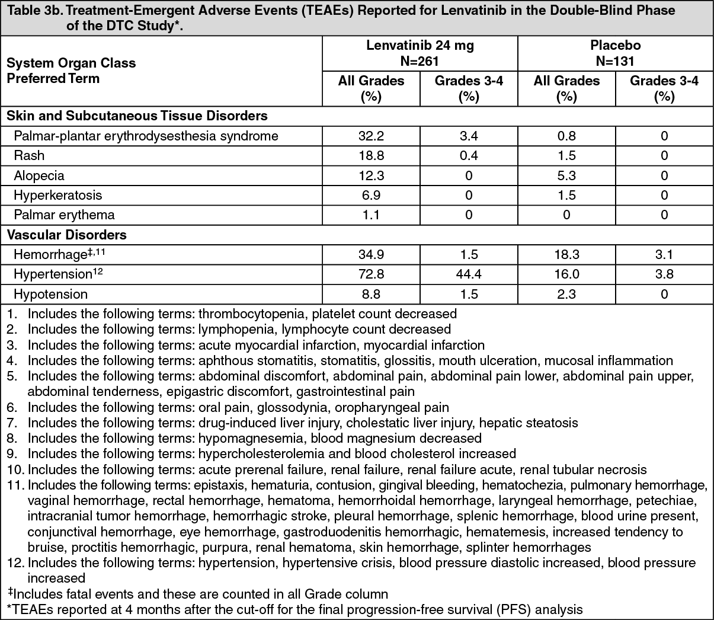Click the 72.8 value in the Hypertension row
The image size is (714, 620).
(371, 274)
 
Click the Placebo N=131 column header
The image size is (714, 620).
(615, 53)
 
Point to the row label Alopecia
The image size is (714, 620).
(39, 175)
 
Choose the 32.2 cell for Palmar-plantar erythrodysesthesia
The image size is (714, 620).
(371, 136)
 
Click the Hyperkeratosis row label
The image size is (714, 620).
(58, 195)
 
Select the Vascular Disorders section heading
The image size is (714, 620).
(66, 235)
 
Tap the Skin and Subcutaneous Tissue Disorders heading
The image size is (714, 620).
(137, 116)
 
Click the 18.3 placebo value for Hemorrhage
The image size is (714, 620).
(566, 255)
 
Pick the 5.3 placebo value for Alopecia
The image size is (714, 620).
(566, 175)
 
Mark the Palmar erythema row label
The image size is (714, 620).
(64, 215)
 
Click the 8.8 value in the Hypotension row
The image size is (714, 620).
(371, 294)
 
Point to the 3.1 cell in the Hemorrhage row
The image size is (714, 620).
(664, 255)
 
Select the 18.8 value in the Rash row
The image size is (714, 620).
(371, 155)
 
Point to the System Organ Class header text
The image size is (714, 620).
(71, 63)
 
